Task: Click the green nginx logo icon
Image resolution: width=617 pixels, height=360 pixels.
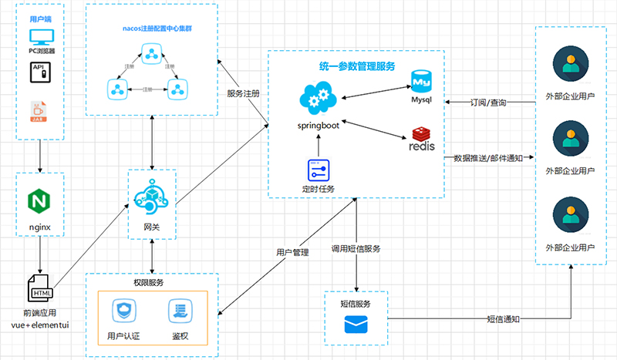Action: coord(39,202)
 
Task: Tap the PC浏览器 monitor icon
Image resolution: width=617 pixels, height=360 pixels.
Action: coord(39,37)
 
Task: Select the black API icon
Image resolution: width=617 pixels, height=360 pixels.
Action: coord(39,72)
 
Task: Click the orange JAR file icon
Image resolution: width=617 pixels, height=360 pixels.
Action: coord(38,110)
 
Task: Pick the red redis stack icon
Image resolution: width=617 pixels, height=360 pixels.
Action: coord(421,138)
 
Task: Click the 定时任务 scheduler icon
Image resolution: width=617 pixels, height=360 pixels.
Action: coord(318,170)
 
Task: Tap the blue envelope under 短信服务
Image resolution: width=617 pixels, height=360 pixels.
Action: coord(356,325)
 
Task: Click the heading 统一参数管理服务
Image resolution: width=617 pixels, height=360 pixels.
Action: coord(356,66)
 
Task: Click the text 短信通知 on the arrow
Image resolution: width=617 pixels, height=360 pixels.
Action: coord(503,318)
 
